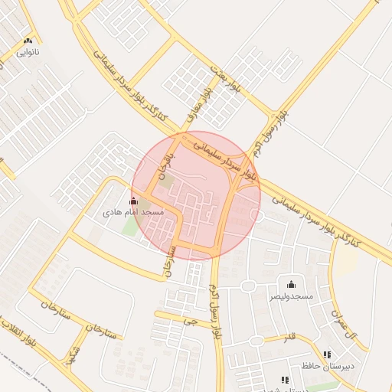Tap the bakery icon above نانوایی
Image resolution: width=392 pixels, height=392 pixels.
point(28,41)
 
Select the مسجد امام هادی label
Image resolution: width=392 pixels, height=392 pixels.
point(135,211)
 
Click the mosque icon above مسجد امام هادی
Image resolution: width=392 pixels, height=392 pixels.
point(135,201)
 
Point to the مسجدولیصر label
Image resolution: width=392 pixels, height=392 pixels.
point(290,295)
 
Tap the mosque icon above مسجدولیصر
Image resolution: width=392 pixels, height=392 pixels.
point(290,284)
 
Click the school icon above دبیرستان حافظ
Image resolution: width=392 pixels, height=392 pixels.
point(328,354)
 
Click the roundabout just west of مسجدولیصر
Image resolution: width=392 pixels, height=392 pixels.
point(248,286)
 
